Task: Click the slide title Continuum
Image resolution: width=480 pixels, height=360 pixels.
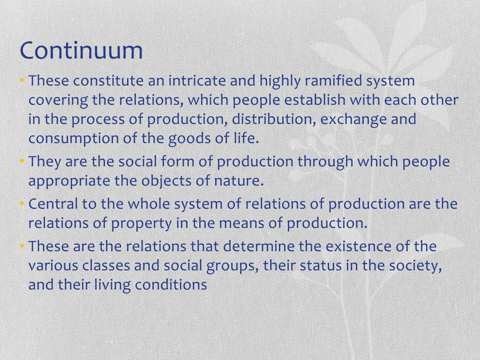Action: (81, 51)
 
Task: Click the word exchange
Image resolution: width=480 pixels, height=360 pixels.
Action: (354, 120)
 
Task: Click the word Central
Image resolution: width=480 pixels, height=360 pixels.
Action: (53, 204)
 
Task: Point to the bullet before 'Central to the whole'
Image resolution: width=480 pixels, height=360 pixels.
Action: (22, 204)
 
